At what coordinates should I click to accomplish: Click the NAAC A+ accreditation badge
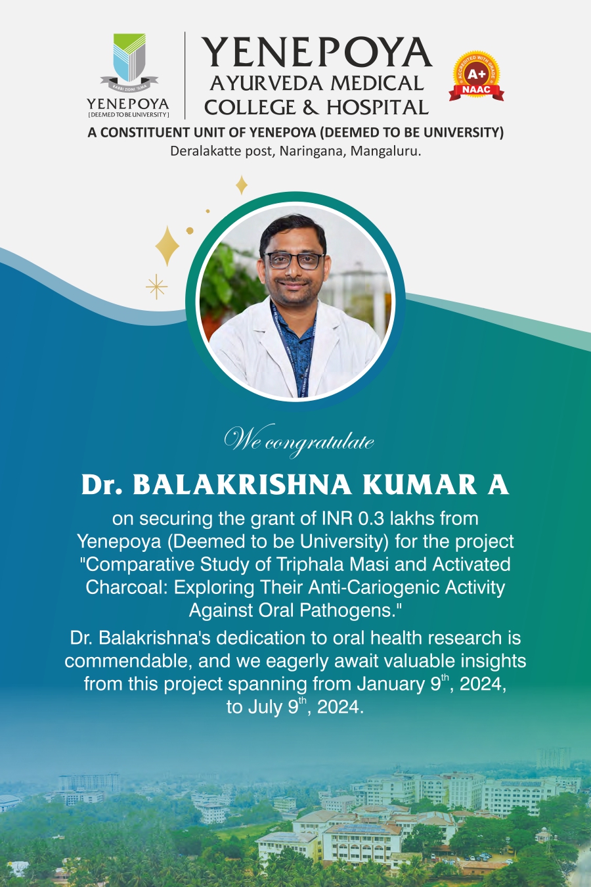tap(476, 76)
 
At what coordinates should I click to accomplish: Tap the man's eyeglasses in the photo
tap(294, 261)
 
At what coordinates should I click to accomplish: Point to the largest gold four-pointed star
tap(167, 246)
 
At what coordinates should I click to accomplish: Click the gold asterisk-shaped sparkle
tap(156, 286)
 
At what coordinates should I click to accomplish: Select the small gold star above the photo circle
tap(242, 185)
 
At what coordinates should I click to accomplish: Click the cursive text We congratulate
tap(299, 441)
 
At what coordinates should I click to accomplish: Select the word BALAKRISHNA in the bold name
tap(242, 485)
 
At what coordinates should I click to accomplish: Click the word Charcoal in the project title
tap(127, 587)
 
